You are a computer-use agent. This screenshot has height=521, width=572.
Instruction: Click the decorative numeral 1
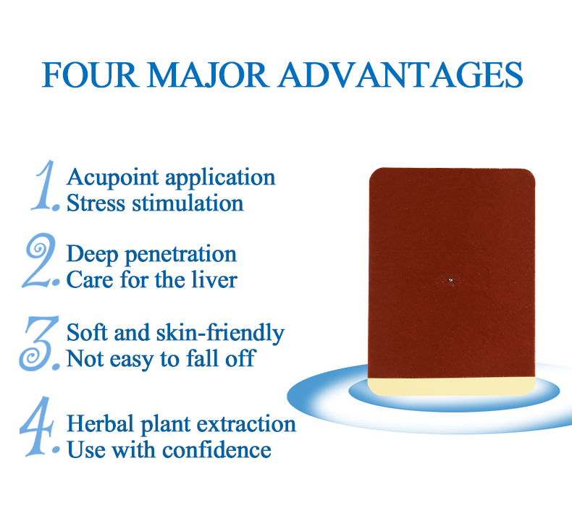[x=45, y=187]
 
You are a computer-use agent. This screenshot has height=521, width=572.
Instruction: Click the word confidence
[x=216, y=450]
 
